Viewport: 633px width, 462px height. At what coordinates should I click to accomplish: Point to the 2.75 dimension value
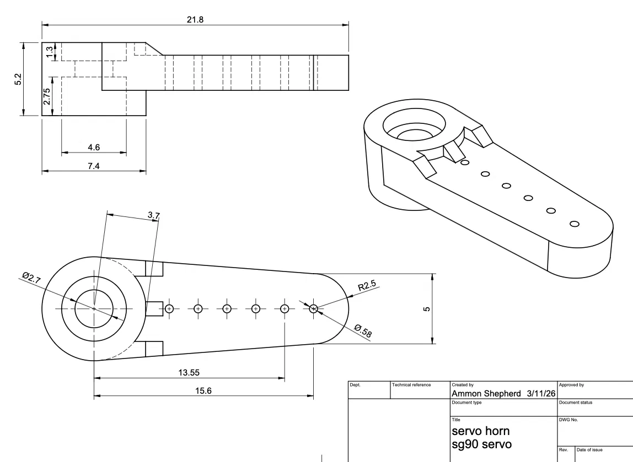pos(47,96)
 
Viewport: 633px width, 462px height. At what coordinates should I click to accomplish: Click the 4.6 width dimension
pos(94,147)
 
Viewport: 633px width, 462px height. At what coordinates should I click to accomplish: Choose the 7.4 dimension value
pos(94,166)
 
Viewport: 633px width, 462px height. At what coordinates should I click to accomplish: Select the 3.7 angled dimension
pos(154,215)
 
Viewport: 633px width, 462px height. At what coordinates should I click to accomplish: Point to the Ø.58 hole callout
pos(362,333)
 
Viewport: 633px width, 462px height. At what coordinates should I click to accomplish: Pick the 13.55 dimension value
pos(189,372)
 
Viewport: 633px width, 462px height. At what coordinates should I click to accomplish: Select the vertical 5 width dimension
pos(426,309)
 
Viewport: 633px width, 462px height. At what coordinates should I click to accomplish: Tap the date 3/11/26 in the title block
pos(538,394)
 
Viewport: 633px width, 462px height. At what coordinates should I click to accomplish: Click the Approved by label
pos(572,385)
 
